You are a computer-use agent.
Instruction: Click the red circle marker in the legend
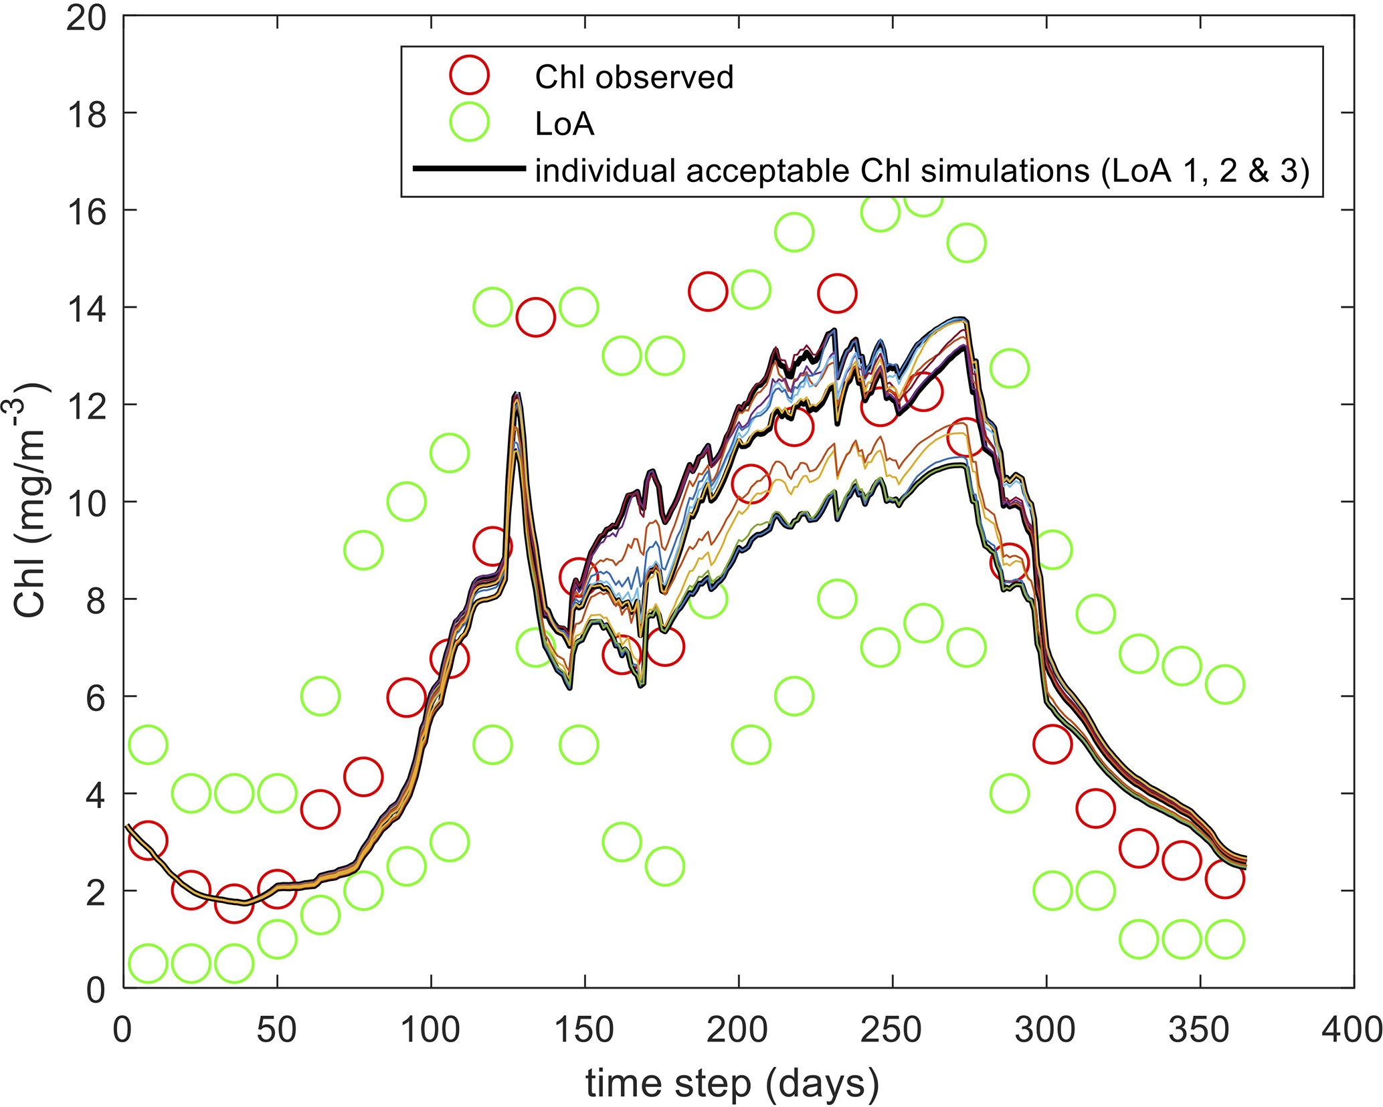point(470,75)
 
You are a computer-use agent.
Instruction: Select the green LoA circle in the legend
point(470,122)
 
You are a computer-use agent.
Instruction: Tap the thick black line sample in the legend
point(470,169)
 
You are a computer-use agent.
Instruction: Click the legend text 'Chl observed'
point(634,77)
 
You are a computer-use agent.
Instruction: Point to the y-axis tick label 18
point(86,115)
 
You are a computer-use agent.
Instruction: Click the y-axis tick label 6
point(95,698)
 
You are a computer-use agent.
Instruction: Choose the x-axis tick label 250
point(892,1030)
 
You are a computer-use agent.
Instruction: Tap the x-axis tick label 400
point(1352,1030)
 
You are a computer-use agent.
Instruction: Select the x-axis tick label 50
point(276,1030)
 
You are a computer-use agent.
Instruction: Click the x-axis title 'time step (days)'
point(732,1083)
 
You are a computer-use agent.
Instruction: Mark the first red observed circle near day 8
point(148,840)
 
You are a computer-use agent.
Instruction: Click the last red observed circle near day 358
point(1224,878)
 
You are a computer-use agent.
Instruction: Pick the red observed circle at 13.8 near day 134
point(535,317)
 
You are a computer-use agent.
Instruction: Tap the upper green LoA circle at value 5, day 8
point(148,744)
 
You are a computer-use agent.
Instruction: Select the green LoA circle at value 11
point(449,453)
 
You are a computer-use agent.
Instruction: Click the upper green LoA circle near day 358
point(1224,684)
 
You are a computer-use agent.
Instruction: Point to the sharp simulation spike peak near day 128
point(517,395)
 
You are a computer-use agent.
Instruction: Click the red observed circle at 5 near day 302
point(1052,744)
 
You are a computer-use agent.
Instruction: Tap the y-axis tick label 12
point(86,407)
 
